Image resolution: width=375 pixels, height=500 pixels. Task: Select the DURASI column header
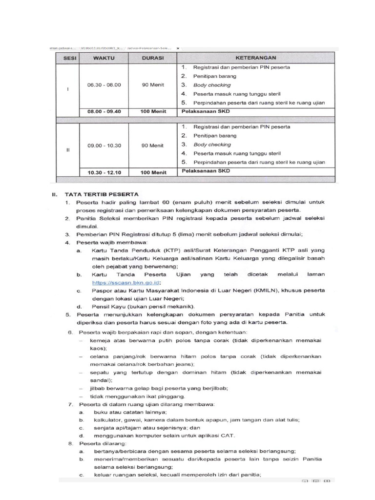coord(152,57)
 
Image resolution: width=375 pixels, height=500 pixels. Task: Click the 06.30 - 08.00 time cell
coord(104,84)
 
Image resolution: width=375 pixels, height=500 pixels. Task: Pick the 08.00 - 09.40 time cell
coord(104,111)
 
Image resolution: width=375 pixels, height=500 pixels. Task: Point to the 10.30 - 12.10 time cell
coord(104,172)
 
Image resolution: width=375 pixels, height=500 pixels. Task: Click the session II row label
coord(67,149)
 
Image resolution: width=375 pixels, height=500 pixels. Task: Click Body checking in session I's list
coord(212,85)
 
